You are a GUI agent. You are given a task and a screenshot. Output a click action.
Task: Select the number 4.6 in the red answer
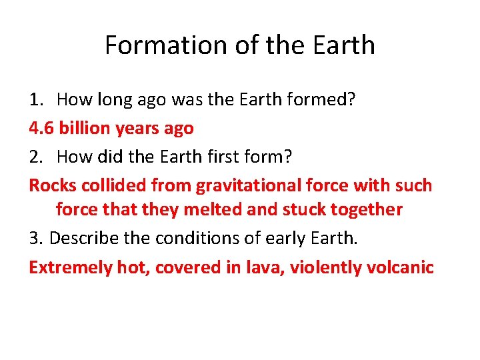coord(41,128)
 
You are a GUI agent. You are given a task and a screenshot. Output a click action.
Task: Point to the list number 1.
coord(36,100)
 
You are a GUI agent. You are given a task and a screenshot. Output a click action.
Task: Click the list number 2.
coord(36,156)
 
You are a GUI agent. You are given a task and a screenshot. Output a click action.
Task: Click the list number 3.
coord(36,238)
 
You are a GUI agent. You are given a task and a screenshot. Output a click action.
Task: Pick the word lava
coord(243,267)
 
